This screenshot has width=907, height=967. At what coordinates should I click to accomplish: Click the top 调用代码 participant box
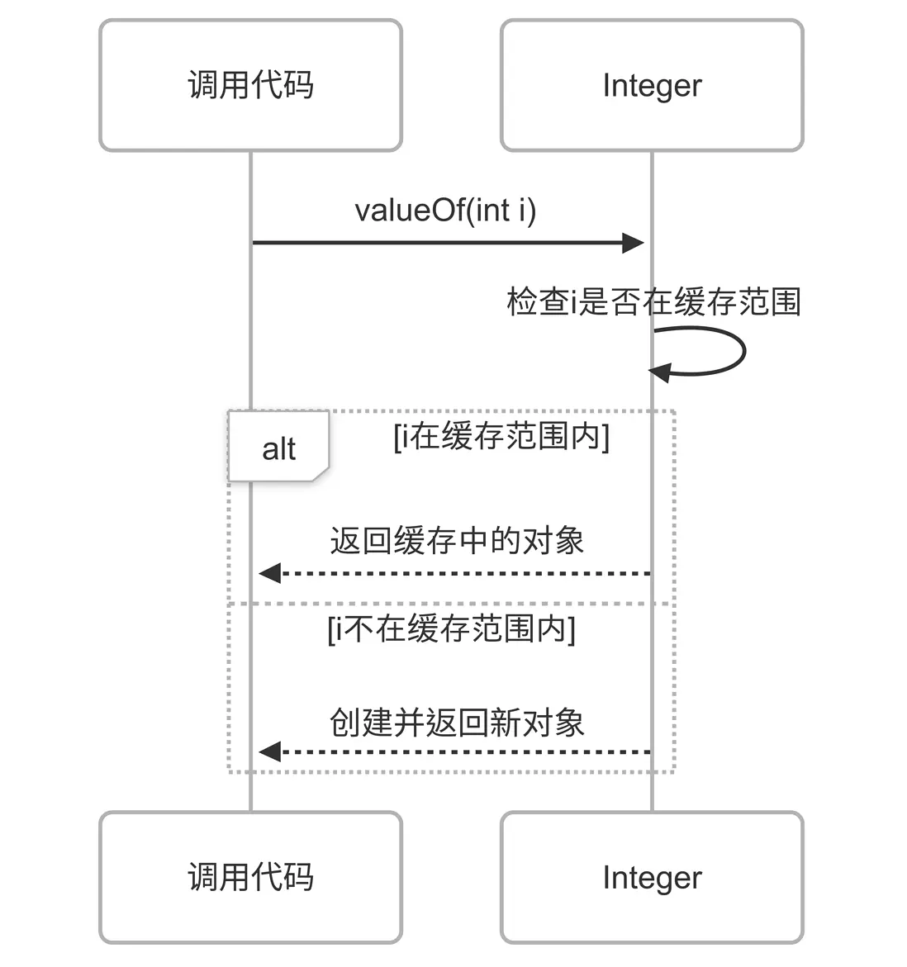[250, 85]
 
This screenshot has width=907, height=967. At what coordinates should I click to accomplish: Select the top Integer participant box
[652, 85]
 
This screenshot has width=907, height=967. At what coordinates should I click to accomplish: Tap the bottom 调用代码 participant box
[250, 877]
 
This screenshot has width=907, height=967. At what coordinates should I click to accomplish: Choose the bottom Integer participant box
[652, 877]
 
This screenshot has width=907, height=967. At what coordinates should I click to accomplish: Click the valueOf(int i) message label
[445, 211]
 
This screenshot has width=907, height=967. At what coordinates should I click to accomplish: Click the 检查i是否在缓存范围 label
[653, 301]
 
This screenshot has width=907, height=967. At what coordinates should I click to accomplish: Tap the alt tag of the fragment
[278, 448]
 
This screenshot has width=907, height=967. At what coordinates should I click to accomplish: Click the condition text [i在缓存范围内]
[501, 436]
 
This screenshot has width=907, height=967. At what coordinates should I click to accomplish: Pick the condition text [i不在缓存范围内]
[451, 629]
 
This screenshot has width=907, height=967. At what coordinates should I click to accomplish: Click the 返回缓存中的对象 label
[457, 541]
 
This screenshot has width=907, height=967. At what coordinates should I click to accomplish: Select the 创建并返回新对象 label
[457, 723]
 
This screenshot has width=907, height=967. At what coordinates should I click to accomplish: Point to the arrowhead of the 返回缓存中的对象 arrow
[269, 573]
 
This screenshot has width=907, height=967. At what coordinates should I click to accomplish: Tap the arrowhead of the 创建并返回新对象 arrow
[269, 751]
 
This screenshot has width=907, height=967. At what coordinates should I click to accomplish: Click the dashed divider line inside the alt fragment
[451, 604]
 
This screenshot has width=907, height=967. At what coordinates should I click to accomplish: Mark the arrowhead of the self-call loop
[659, 372]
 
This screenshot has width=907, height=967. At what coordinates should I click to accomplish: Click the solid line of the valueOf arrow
[438, 243]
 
